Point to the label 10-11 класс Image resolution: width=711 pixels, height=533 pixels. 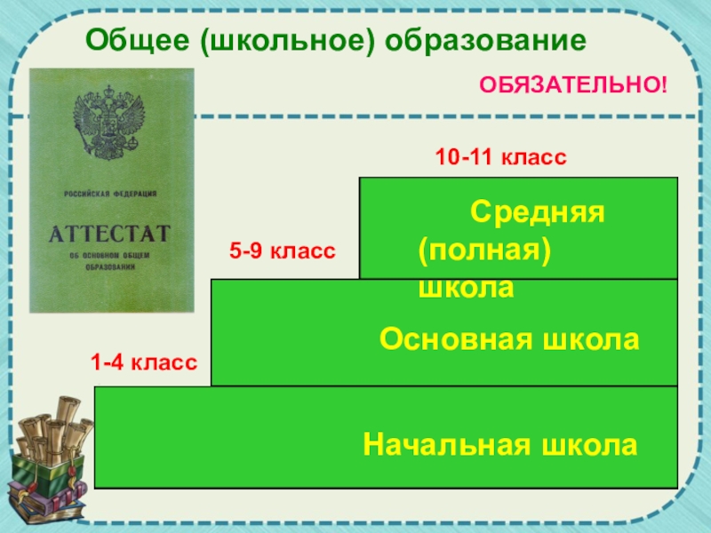500,158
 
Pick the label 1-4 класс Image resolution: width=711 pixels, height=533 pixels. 143,362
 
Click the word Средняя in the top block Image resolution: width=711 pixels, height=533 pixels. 538,211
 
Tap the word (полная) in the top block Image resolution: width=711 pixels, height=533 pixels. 485,250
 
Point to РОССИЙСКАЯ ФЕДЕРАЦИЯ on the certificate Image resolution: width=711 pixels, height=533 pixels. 110,194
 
